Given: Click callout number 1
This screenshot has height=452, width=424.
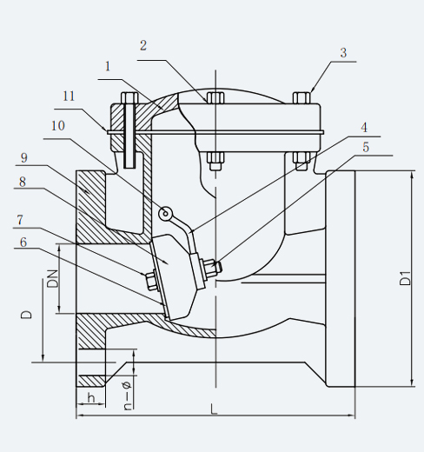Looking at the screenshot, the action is [x=108, y=67].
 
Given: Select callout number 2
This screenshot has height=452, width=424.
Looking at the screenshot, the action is [x=143, y=46].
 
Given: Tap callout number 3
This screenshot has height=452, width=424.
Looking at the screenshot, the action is [x=343, y=53].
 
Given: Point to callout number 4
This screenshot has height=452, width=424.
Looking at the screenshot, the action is [x=364, y=128].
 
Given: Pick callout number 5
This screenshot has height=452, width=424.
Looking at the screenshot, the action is [x=366, y=147].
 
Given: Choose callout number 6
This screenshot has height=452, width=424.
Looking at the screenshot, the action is [x=23, y=243].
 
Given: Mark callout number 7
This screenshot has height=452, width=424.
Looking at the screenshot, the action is [x=20, y=220].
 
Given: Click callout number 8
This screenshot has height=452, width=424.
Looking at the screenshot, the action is [x=23, y=182].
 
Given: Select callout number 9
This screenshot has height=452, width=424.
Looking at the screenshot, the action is [x=24, y=158].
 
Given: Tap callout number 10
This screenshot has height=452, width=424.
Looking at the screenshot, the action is [x=58, y=126].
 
